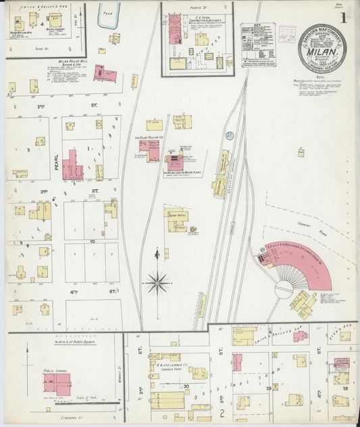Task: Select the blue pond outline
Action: [108, 17]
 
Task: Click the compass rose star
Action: [157, 281]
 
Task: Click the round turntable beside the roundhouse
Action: [284, 289]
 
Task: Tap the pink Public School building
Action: [57, 384]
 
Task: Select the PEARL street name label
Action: [57, 162]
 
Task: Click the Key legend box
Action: [257, 45]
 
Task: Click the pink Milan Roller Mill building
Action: [101, 72]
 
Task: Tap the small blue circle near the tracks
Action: [229, 136]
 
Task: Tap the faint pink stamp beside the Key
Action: [286, 34]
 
